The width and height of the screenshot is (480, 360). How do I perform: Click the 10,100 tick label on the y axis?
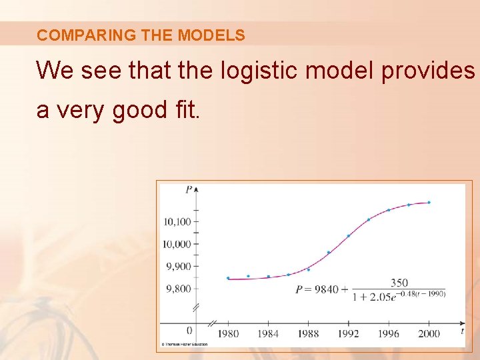[176, 222]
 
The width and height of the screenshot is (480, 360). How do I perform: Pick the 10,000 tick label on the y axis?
[176, 245]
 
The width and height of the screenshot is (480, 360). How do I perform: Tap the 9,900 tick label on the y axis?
[178, 267]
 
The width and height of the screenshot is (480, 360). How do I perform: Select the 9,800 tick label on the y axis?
[178, 289]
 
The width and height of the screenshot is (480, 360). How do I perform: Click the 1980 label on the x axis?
[228, 333]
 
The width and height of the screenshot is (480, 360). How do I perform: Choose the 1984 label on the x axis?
[268, 333]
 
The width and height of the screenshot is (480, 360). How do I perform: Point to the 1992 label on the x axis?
[348, 333]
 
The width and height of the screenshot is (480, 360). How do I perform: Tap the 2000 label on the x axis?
[429, 333]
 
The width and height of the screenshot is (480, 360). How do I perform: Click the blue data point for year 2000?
[429, 202]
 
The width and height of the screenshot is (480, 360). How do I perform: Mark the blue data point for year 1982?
[248, 276]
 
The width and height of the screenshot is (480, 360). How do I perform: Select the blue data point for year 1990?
[329, 252]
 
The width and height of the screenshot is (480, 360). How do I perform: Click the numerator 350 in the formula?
[399, 283]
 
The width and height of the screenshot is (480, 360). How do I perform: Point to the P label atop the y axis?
[189, 189]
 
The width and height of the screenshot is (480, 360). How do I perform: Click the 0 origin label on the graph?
[189, 331]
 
